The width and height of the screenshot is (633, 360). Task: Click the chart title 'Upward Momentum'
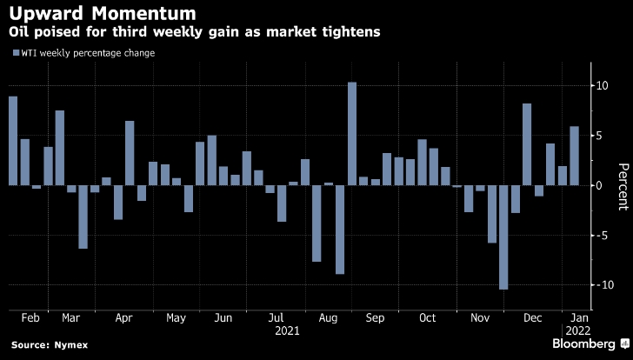click(101, 14)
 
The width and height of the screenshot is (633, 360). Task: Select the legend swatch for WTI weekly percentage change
click(15, 54)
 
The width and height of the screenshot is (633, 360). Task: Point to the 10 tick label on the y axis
click(600, 85)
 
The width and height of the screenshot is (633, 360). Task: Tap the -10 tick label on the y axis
click(597, 285)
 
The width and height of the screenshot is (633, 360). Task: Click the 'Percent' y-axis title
click(622, 185)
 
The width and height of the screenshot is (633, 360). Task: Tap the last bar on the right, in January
click(574, 156)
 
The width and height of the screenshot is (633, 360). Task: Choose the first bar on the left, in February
click(13, 140)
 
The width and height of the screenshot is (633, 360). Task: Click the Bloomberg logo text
click(588, 344)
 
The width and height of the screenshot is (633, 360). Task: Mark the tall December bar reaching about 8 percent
click(527, 144)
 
